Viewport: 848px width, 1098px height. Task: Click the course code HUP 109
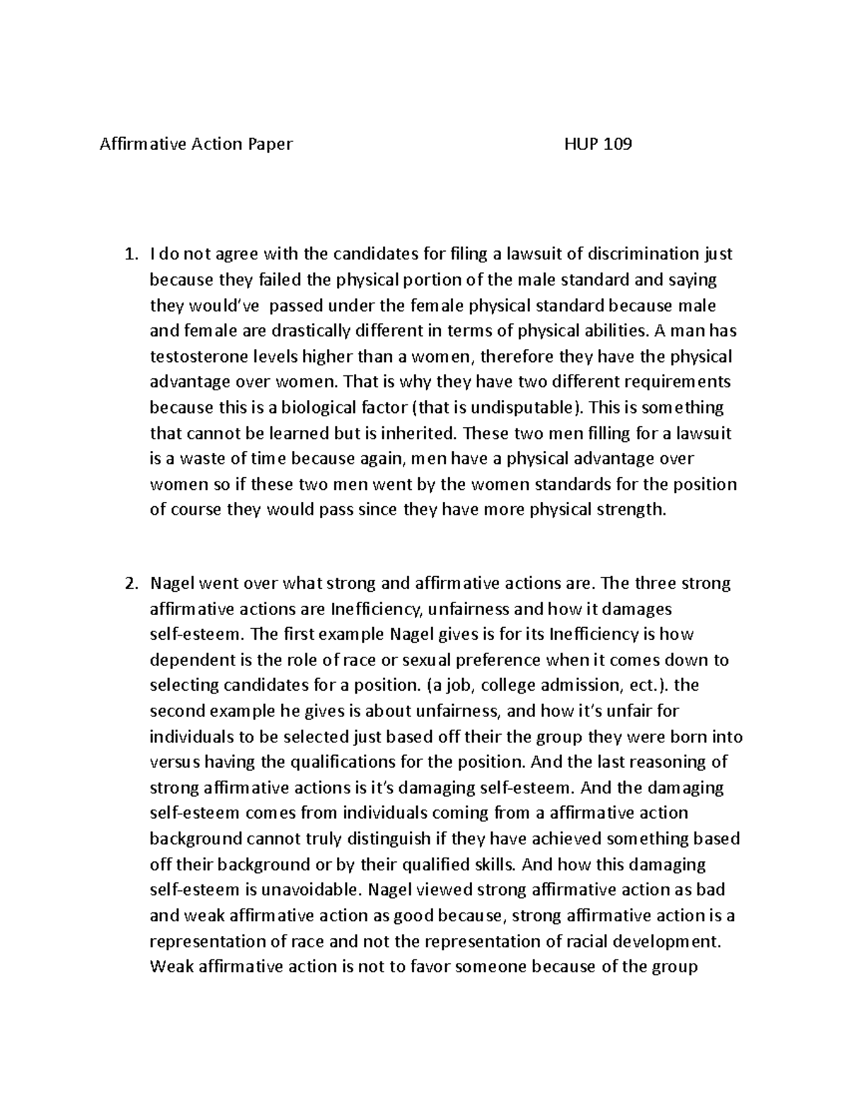click(598, 145)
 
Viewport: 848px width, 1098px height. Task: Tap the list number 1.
click(128, 255)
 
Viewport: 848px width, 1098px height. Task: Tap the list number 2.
click(129, 584)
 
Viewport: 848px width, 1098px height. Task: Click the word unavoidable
click(307, 890)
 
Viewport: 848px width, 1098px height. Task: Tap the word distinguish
click(387, 839)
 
